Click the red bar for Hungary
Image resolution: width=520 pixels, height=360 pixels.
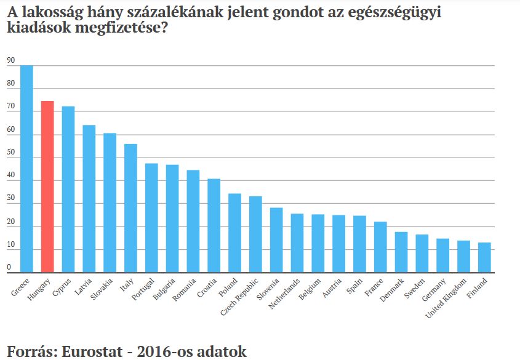tap(47, 186)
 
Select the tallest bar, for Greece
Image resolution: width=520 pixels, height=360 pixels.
tap(26, 169)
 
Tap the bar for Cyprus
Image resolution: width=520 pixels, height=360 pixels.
tap(68, 190)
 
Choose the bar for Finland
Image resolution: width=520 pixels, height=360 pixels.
tap(484, 257)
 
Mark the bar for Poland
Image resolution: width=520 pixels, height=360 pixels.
tap(234, 233)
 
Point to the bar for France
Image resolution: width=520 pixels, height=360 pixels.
tap(380, 247)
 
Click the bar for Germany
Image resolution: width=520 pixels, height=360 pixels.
tap(443, 255)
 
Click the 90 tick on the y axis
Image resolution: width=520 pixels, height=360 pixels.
tap(10, 60)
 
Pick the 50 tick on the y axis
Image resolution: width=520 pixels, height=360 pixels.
tap(10, 153)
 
